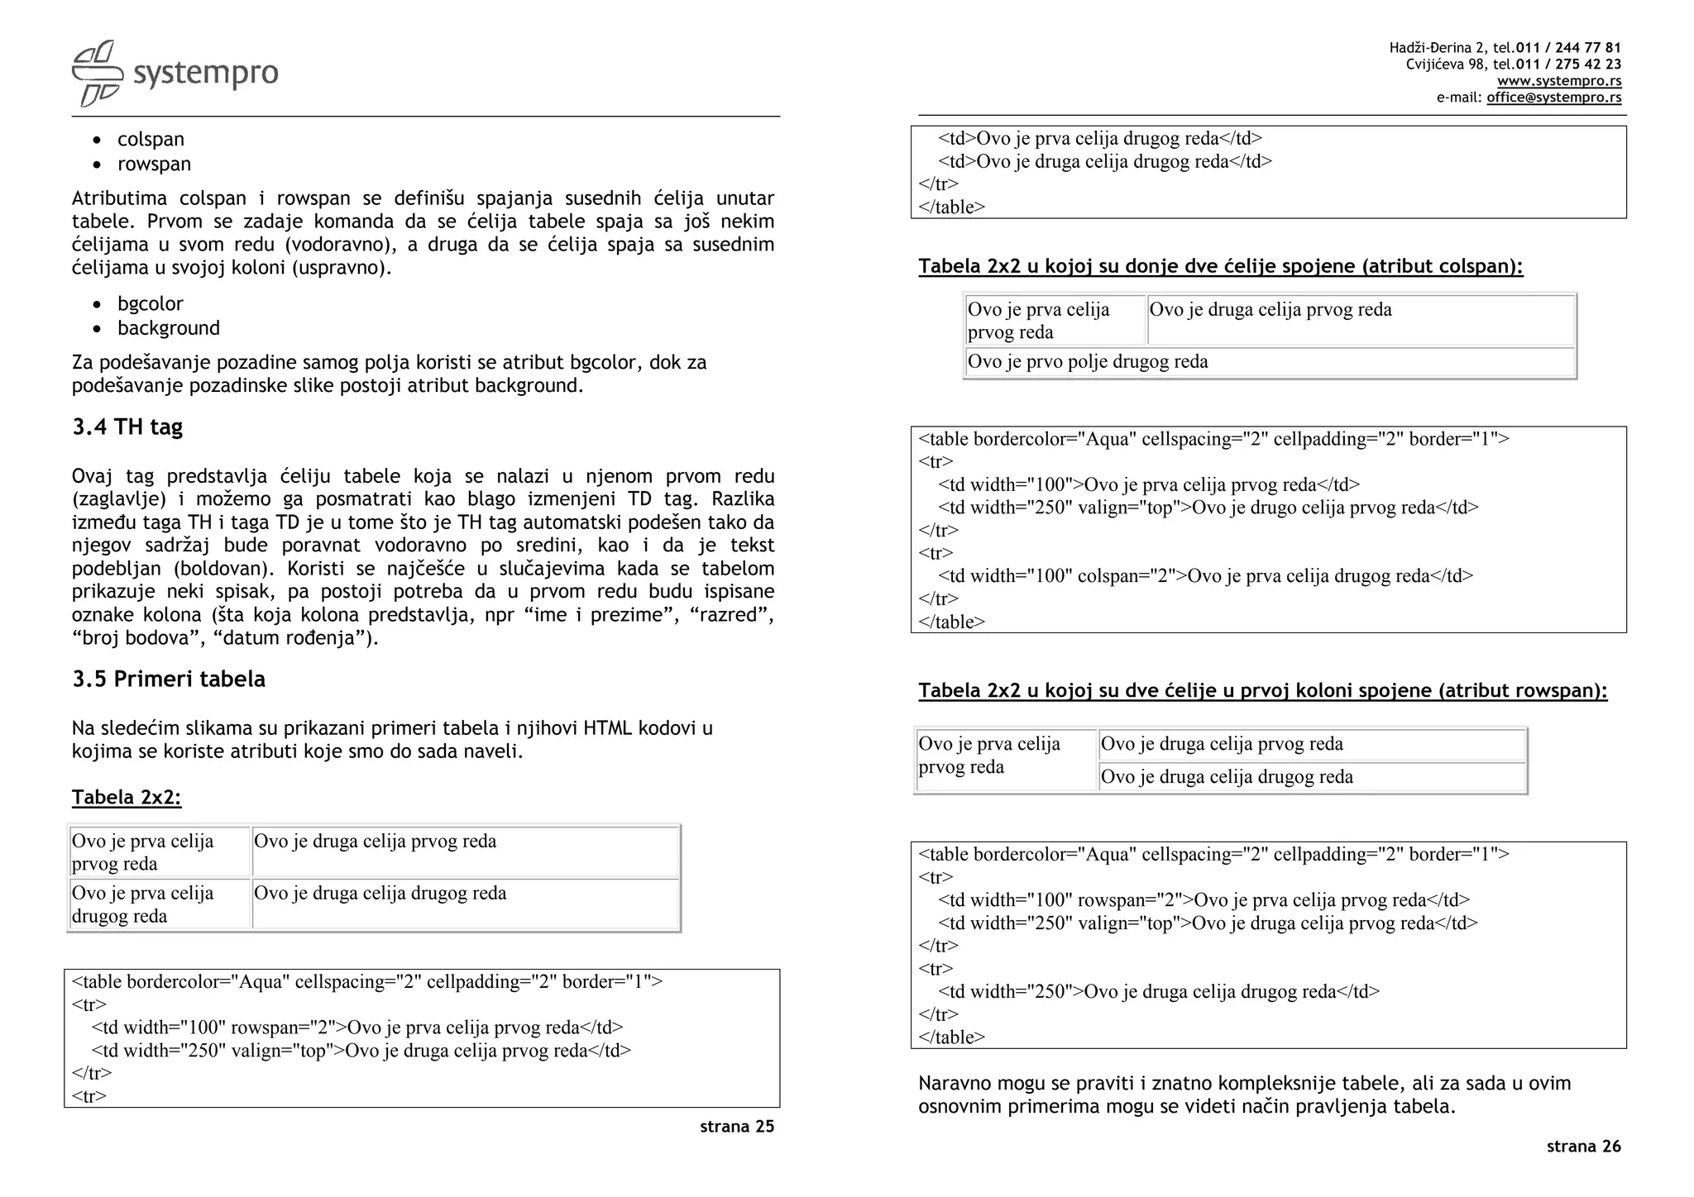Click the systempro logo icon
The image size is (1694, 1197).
(97, 74)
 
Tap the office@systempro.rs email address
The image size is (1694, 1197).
(1553, 98)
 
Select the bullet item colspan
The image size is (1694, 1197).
(151, 139)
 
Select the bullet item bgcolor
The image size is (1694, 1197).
(150, 303)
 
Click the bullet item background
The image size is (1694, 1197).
(168, 328)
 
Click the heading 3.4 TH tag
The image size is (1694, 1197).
(127, 427)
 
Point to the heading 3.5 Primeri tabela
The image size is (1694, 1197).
(169, 679)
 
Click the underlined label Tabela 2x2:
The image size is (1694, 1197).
(126, 797)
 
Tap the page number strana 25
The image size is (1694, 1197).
(736, 1126)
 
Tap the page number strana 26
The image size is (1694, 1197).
(1583, 1146)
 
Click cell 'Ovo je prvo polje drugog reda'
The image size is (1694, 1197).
(1087, 361)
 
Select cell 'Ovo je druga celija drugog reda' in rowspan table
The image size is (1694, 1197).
(1226, 776)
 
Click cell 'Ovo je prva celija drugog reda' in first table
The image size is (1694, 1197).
(142, 904)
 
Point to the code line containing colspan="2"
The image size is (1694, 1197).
(1205, 575)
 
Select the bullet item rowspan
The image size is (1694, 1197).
(154, 164)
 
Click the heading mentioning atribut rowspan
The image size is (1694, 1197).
(1262, 690)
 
